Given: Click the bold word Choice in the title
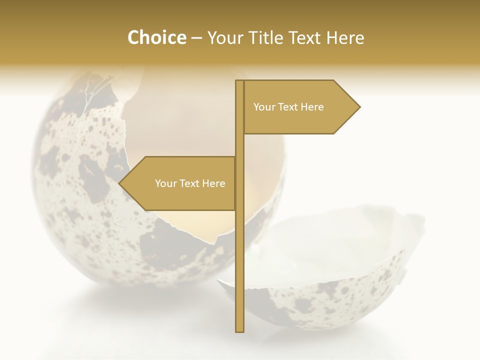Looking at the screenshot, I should [156, 37].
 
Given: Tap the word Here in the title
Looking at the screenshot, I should [345, 37].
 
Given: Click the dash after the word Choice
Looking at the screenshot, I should [196, 38].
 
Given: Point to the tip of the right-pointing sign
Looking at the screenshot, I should [359, 107].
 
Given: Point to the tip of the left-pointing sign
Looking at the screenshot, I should [119, 183].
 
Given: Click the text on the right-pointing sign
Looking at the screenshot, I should [288, 107].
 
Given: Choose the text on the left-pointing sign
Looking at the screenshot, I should [190, 183].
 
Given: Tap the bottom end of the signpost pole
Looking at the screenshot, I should [240, 330].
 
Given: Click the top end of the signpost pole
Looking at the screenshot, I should [240, 81].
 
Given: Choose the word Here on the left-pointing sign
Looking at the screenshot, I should [214, 183].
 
